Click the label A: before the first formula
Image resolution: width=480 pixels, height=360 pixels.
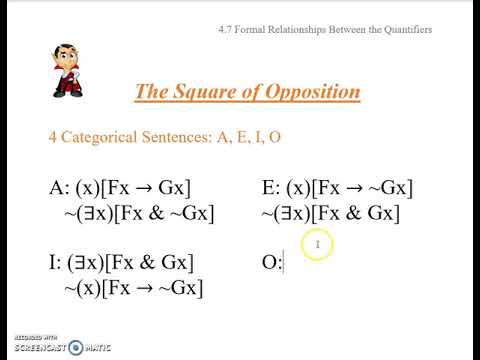[60, 188]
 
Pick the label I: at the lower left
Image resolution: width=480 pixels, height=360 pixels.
[56, 263]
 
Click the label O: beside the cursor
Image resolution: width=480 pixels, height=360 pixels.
[271, 263]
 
